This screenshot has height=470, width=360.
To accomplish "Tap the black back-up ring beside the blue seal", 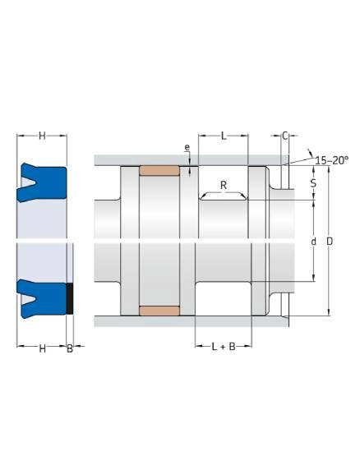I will click(70, 297).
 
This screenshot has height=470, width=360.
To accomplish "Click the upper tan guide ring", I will click(159, 171).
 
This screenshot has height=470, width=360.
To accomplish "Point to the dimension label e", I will click(187, 148).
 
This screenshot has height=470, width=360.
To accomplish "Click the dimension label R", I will click(223, 185).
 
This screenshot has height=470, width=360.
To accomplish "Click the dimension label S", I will click(313, 183).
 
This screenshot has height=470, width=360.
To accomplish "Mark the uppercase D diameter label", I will click(330, 242).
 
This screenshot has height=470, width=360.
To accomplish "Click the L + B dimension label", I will click(223, 348).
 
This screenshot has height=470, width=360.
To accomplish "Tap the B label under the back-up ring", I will click(70, 349).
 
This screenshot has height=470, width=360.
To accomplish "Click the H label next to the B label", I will click(42, 349).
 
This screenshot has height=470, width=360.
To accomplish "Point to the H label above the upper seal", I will click(42, 135).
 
